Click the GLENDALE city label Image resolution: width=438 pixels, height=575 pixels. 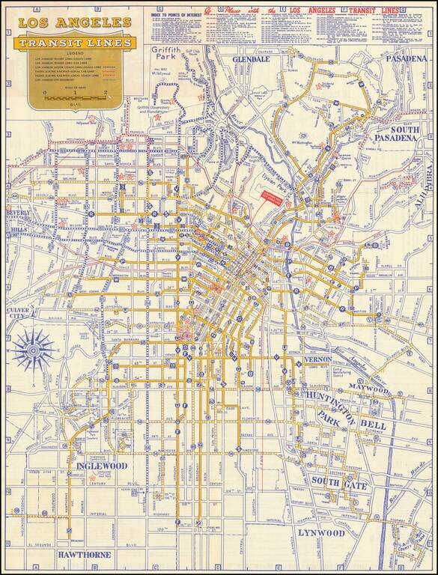249,58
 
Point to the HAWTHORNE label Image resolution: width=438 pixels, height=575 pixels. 85,555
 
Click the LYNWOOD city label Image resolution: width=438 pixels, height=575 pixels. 320,533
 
